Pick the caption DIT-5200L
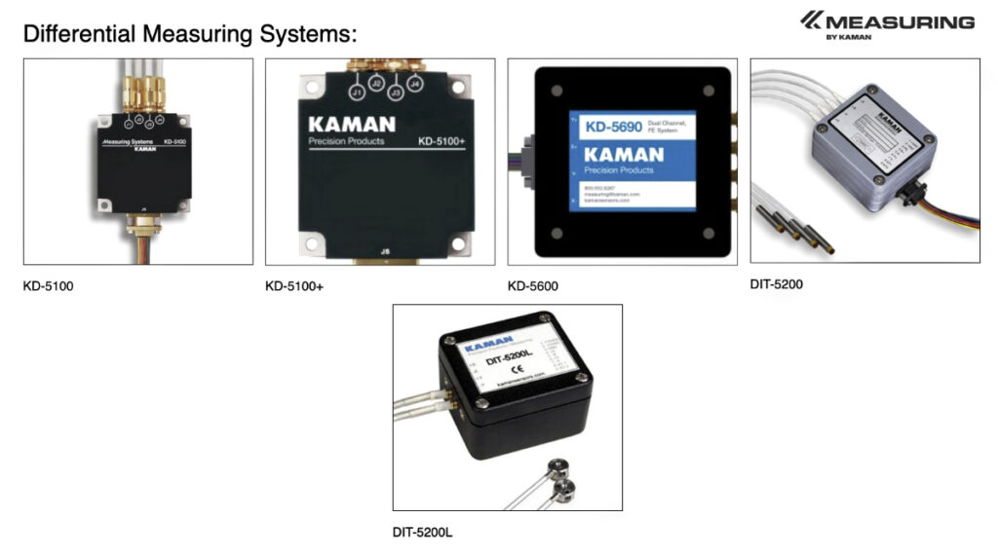coord(422,532)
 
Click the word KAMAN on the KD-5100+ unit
coord(352,125)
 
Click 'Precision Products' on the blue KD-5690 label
coord(624,168)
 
